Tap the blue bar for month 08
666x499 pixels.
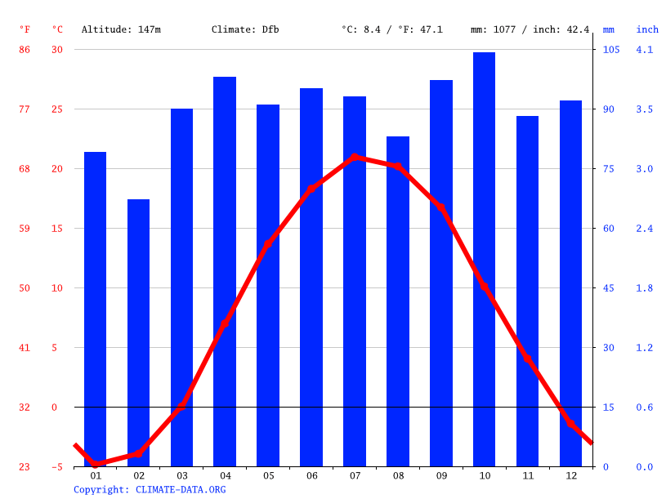[x=398, y=301]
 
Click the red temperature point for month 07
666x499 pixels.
[x=355, y=157]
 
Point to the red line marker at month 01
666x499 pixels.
[x=96, y=464]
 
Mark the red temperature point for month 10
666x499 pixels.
[x=484, y=287]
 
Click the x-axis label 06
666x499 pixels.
[x=311, y=475]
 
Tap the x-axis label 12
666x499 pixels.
[x=570, y=475]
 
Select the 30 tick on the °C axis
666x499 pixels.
[x=57, y=50]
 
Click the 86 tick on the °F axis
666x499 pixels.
[x=25, y=50]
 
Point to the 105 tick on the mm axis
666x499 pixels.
[x=611, y=50]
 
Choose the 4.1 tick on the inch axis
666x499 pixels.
[x=645, y=50]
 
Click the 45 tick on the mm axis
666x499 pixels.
[x=609, y=288]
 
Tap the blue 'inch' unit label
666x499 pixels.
[x=647, y=29]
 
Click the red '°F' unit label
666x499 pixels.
[x=25, y=29]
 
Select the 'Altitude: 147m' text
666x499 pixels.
[x=121, y=29]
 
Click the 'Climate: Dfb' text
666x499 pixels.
[x=245, y=29]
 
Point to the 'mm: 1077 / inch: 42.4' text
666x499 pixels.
[x=530, y=29]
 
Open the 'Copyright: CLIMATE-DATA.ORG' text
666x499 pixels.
[x=150, y=490]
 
